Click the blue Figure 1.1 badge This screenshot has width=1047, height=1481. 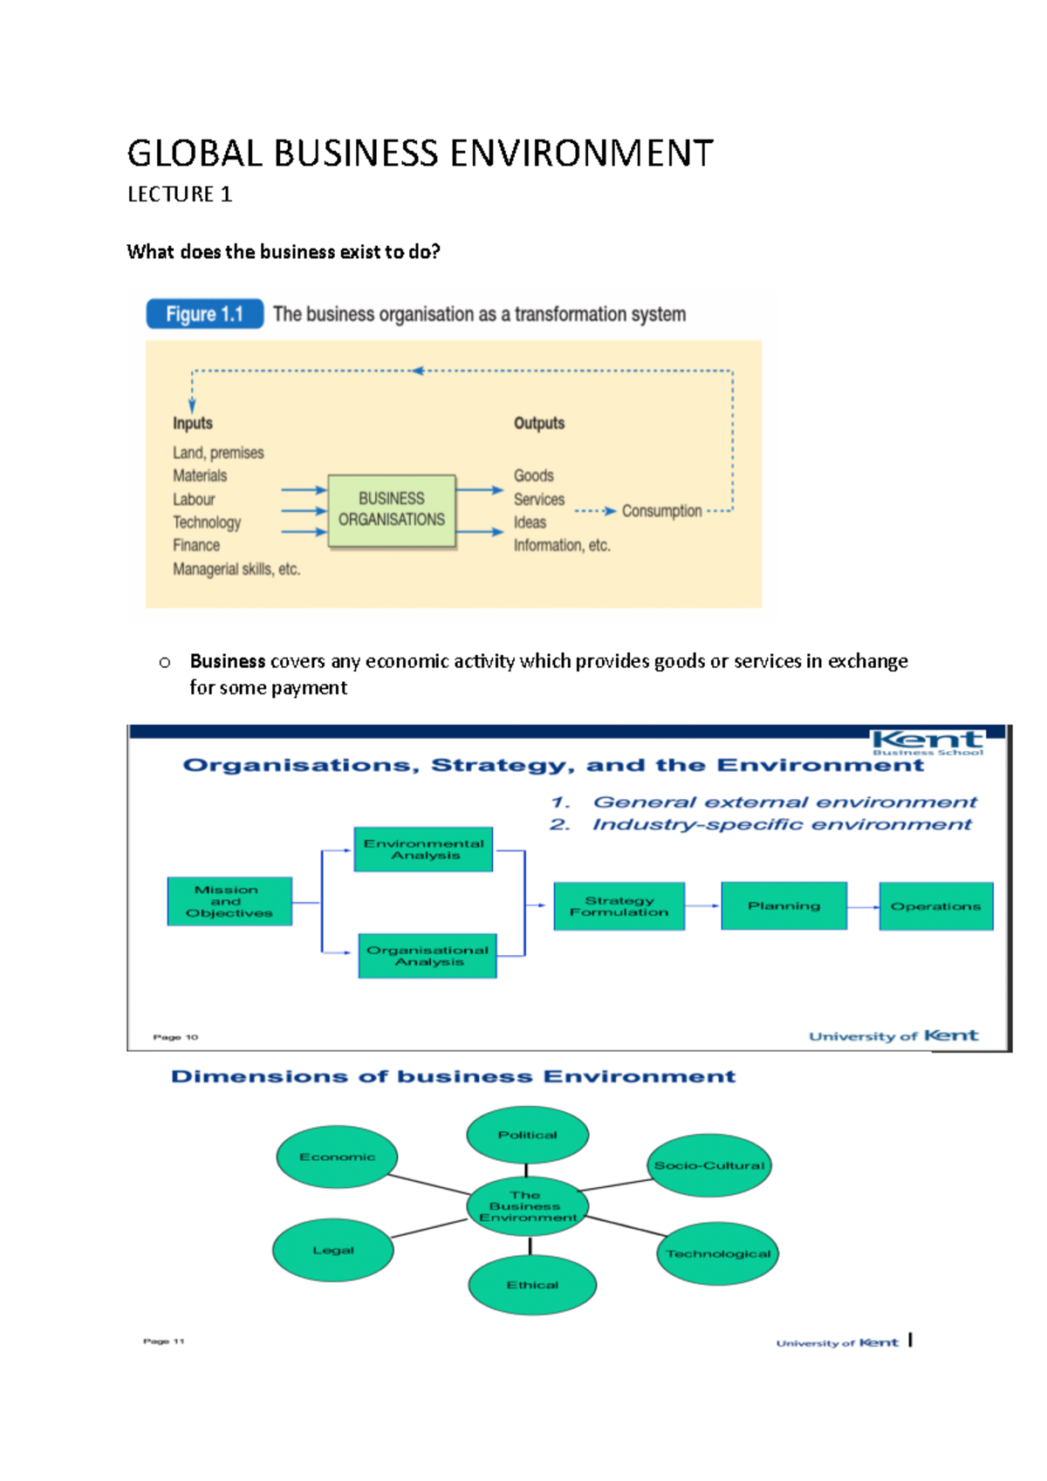pos(204,314)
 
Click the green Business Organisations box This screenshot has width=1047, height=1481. pos(392,510)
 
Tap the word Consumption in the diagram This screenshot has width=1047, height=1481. pos(661,511)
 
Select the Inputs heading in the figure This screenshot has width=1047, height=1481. pos(193,423)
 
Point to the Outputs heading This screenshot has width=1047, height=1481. pos(539,423)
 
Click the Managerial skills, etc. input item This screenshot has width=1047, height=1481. pos(236,570)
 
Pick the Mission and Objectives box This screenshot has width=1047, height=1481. pos(229,901)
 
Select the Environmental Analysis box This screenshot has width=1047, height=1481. pos(424,850)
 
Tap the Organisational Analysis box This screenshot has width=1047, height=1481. pos(428,956)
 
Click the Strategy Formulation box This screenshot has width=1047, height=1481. pos(619,906)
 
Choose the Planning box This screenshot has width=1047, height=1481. pos(784,906)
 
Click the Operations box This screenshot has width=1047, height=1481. pos(935,906)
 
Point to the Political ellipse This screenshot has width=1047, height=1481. pos(527,1135)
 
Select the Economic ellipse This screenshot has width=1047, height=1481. pos(337,1157)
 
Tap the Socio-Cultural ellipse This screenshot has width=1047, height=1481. pos(709,1165)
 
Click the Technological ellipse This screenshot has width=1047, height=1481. pos(718,1254)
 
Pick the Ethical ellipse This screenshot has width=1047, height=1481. pos(532,1285)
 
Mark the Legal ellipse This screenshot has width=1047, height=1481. pos(333,1250)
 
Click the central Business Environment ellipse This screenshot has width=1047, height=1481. pos(526,1206)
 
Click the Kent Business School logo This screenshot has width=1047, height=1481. pos(927,742)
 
